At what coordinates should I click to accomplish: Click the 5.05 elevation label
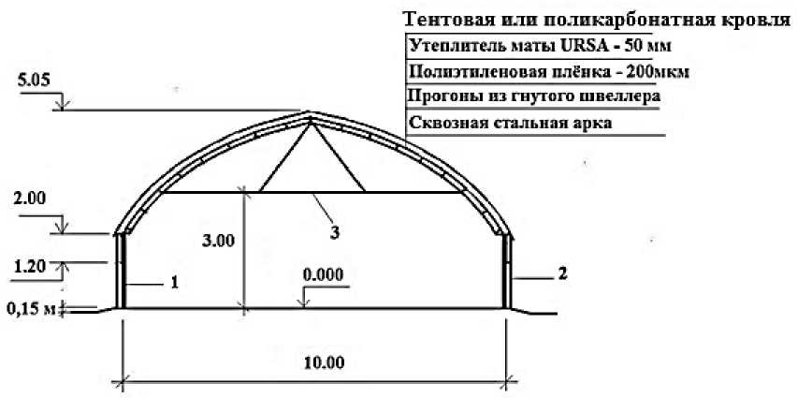pyautogui.click(x=30, y=81)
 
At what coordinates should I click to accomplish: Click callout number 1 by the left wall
pyautogui.click(x=174, y=279)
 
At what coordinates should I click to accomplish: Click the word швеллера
pyautogui.click(x=618, y=96)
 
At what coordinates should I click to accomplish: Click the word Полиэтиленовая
pyautogui.click(x=467, y=71)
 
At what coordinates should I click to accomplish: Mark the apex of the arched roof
pyautogui.click(x=311, y=114)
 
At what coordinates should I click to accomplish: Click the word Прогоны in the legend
pyautogui.click(x=443, y=96)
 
